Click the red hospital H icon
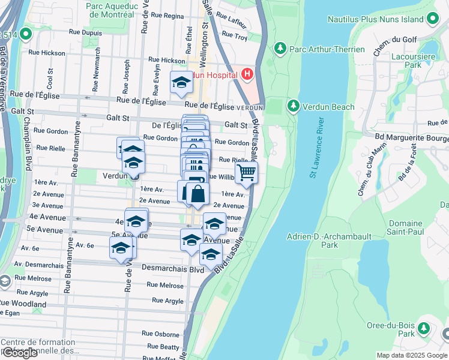[247, 74]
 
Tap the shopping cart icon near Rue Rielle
[246, 173]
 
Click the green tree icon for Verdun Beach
[293, 106]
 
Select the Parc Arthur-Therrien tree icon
[279, 48]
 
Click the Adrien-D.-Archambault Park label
[321, 240]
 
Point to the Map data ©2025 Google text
[412, 355]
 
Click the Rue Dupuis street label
[85, 32]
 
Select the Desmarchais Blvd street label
[173, 269]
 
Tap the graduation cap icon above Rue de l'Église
[181, 83]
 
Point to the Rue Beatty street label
[163, 347]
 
